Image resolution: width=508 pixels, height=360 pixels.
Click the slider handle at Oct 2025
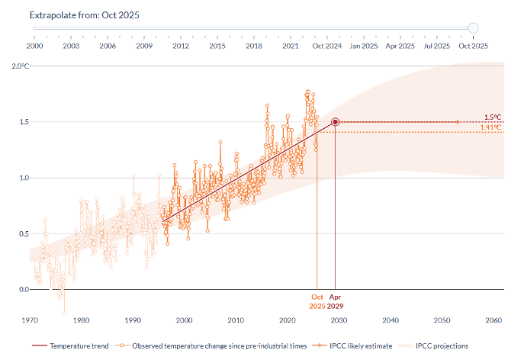(x=473, y=28)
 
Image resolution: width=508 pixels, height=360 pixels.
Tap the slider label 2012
(x=181, y=46)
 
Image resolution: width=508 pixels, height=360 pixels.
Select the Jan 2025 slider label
(x=363, y=46)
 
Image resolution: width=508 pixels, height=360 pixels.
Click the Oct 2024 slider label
(x=326, y=46)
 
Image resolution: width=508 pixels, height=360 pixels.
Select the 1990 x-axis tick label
(x=133, y=320)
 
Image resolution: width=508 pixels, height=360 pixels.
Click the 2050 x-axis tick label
(x=442, y=320)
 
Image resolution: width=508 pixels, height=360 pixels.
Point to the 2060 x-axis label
(x=494, y=320)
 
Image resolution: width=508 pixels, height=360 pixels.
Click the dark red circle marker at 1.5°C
(x=335, y=122)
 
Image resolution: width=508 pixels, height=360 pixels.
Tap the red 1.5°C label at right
(x=493, y=117)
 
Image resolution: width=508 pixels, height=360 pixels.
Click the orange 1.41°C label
(x=490, y=127)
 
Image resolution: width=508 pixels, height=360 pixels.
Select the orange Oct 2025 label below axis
(x=317, y=301)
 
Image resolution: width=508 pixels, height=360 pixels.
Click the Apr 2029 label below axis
(x=336, y=301)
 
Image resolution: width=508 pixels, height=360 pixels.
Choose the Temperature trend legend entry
(x=71, y=346)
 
